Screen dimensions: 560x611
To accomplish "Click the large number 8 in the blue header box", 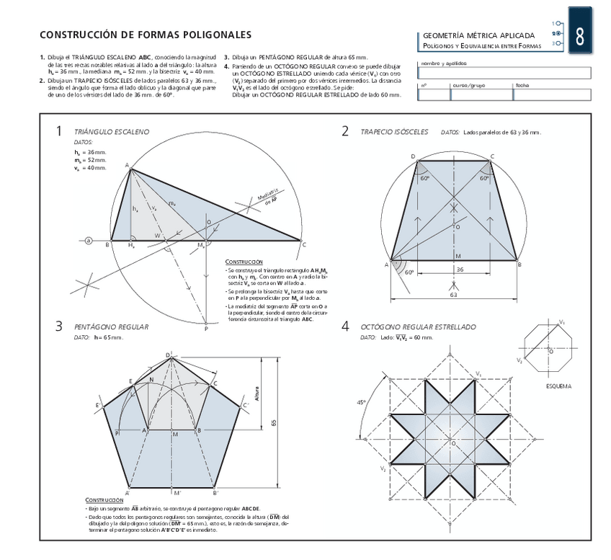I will [x=581, y=34].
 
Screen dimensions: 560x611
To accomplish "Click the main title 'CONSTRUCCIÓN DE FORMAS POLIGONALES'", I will [x=146, y=34].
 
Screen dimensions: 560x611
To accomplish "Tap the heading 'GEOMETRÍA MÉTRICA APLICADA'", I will [x=478, y=35].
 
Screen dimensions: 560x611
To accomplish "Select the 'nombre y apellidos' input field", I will [x=504, y=72].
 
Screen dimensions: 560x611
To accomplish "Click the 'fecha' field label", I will [x=521, y=85].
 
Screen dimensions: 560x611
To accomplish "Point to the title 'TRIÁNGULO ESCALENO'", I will [x=112, y=132].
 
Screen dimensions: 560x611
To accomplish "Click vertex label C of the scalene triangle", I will [x=305, y=244].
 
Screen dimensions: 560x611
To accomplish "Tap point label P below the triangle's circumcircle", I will [x=206, y=329].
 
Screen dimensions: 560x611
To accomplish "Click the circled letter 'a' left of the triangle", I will [x=89, y=240].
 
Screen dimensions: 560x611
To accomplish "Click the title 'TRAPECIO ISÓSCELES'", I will [x=394, y=132].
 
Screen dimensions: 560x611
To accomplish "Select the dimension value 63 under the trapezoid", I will [x=454, y=294].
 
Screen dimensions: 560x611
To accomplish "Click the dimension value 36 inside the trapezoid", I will [x=459, y=269].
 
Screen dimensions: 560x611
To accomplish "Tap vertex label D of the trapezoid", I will [x=413, y=156].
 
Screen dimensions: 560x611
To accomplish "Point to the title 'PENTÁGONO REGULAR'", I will [x=111, y=326].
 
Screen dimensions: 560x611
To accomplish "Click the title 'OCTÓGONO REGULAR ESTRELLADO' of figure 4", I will [x=418, y=326].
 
